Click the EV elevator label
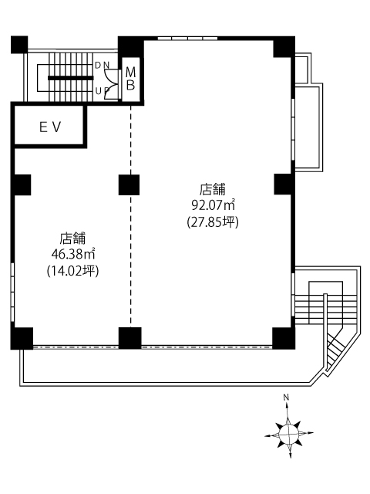click(x=50, y=127)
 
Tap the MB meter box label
click(x=130, y=79)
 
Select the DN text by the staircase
click(x=102, y=65)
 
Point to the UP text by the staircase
click(x=102, y=91)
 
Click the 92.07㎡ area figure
click(x=214, y=205)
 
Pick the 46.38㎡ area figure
click(x=73, y=254)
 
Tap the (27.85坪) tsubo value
click(x=213, y=222)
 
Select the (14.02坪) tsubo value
click(x=73, y=271)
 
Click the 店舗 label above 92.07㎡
click(x=213, y=189)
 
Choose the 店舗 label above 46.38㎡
click(x=72, y=239)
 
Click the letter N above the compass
click(x=286, y=398)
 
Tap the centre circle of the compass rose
click(x=289, y=434)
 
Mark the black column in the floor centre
click(x=129, y=185)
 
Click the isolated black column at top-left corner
click(x=19, y=45)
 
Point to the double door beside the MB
click(x=112, y=84)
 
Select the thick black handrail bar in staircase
click(x=71, y=78)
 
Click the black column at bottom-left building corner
click(x=22, y=338)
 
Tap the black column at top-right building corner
click(x=284, y=47)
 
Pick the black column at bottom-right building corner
click(x=284, y=338)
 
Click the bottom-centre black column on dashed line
click(x=130, y=338)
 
